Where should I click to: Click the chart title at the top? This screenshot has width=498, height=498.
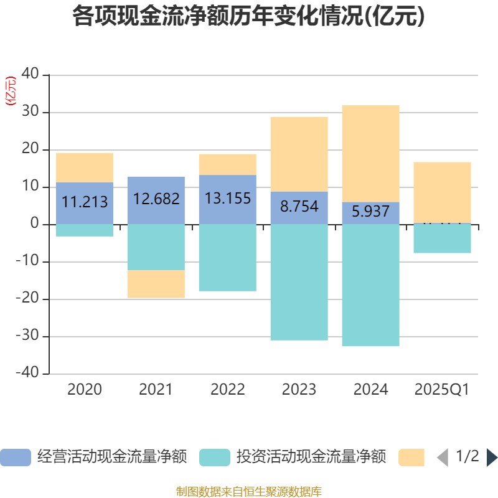pos(249,17)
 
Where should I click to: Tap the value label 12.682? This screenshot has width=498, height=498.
pos(156,199)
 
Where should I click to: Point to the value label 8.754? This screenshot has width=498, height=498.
pos(299,207)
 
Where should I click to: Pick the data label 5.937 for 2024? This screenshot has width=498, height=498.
pos(371,212)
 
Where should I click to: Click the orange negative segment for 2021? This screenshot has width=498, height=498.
pos(156,284)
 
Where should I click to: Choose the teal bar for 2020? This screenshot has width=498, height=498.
pos(85,230)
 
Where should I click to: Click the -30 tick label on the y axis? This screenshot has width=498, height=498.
pos(27,337)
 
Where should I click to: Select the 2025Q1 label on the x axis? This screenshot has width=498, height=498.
pos(442,390)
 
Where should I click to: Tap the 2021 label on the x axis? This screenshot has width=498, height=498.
pos(156,390)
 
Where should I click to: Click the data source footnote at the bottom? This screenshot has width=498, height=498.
pos(249,492)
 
